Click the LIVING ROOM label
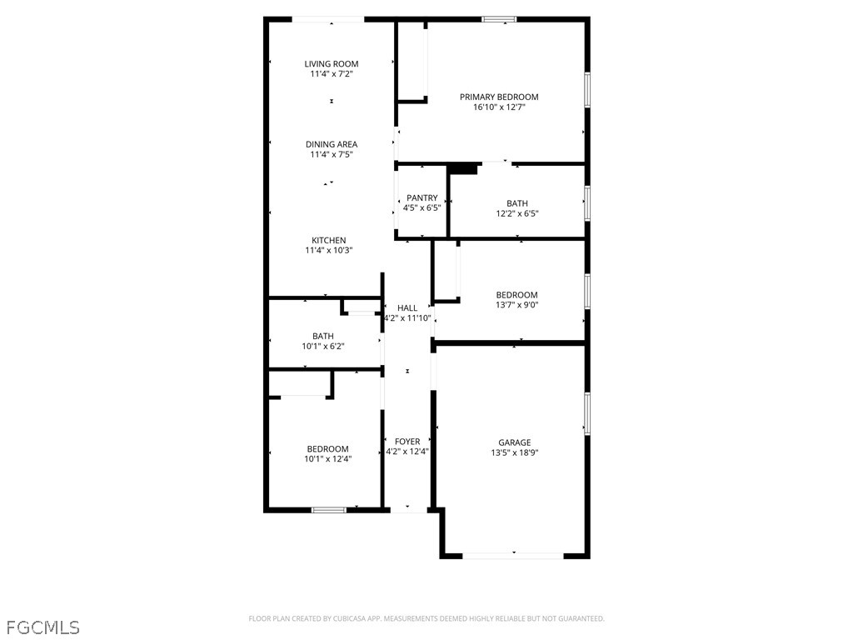coord(331,64)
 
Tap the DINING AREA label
coord(331,144)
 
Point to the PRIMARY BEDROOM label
coord(499,97)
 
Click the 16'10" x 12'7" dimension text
coord(499,107)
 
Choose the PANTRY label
coord(422,198)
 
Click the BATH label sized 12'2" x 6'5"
coord(516,203)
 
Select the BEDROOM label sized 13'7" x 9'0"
coord(516,295)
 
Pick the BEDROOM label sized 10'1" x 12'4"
coord(327,448)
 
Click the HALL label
coord(407,308)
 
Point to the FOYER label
coord(407,442)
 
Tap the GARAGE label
coord(514,442)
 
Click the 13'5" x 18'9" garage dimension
coord(514,453)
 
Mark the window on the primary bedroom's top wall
coord(499,19)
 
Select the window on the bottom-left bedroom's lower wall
coord(329,509)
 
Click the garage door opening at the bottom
coord(513,554)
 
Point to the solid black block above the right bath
coord(463,169)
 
